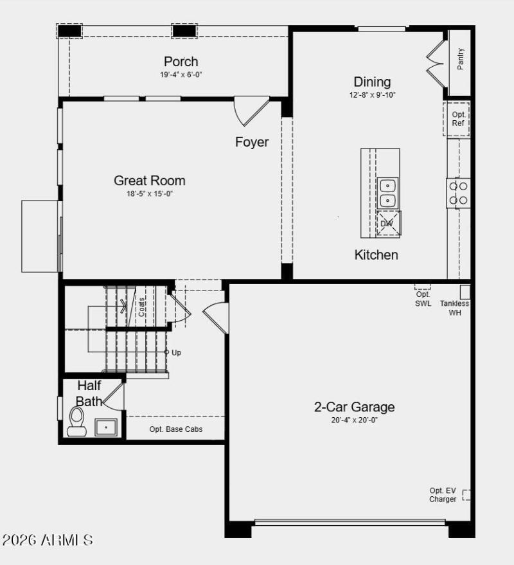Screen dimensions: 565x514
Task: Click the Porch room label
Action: (181, 62)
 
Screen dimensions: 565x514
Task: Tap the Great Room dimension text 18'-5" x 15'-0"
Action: (150, 193)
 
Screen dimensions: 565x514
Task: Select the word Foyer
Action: (252, 142)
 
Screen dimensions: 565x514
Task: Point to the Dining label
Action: (372, 82)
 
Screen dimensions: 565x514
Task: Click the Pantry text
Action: (461, 59)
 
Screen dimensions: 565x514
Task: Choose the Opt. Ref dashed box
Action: (457, 119)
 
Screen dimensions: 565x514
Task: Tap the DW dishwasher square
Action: (387, 224)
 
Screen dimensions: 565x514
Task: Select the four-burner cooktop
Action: (459, 193)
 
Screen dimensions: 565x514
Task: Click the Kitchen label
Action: (377, 255)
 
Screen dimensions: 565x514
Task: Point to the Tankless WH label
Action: (454, 308)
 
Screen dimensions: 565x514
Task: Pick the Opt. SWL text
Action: (423, 299)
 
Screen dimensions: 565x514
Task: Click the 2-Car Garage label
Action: (354, 406)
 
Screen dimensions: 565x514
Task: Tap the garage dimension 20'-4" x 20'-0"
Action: (354, 420)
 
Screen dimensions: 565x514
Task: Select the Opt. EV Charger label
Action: (443, 495)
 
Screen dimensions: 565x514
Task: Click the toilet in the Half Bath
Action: (77, 423)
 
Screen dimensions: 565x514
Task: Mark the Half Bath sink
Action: (106, 427)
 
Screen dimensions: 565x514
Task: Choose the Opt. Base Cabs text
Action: (176, 429)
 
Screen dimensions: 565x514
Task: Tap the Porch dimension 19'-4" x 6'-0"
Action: (181, 75)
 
